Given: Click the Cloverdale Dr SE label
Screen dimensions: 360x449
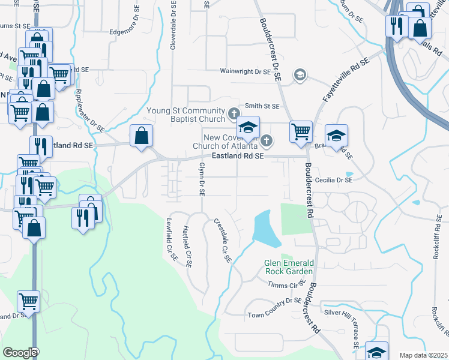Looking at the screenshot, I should pyautogui.click(x=173, y=25).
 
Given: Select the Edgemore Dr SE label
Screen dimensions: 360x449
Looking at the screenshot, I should pyautogui.click(x=131, y=32).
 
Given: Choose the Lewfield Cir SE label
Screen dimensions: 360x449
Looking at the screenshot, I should pyautogui.click(x=173, y=239).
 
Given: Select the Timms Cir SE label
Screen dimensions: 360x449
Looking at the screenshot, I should pyautogui.click(x=286, y=284).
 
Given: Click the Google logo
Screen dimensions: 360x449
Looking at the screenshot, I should pyautogui.click(x=20, y=352).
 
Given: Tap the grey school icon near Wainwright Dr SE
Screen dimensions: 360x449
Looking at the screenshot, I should pyautogui.click(x=299, y=75).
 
